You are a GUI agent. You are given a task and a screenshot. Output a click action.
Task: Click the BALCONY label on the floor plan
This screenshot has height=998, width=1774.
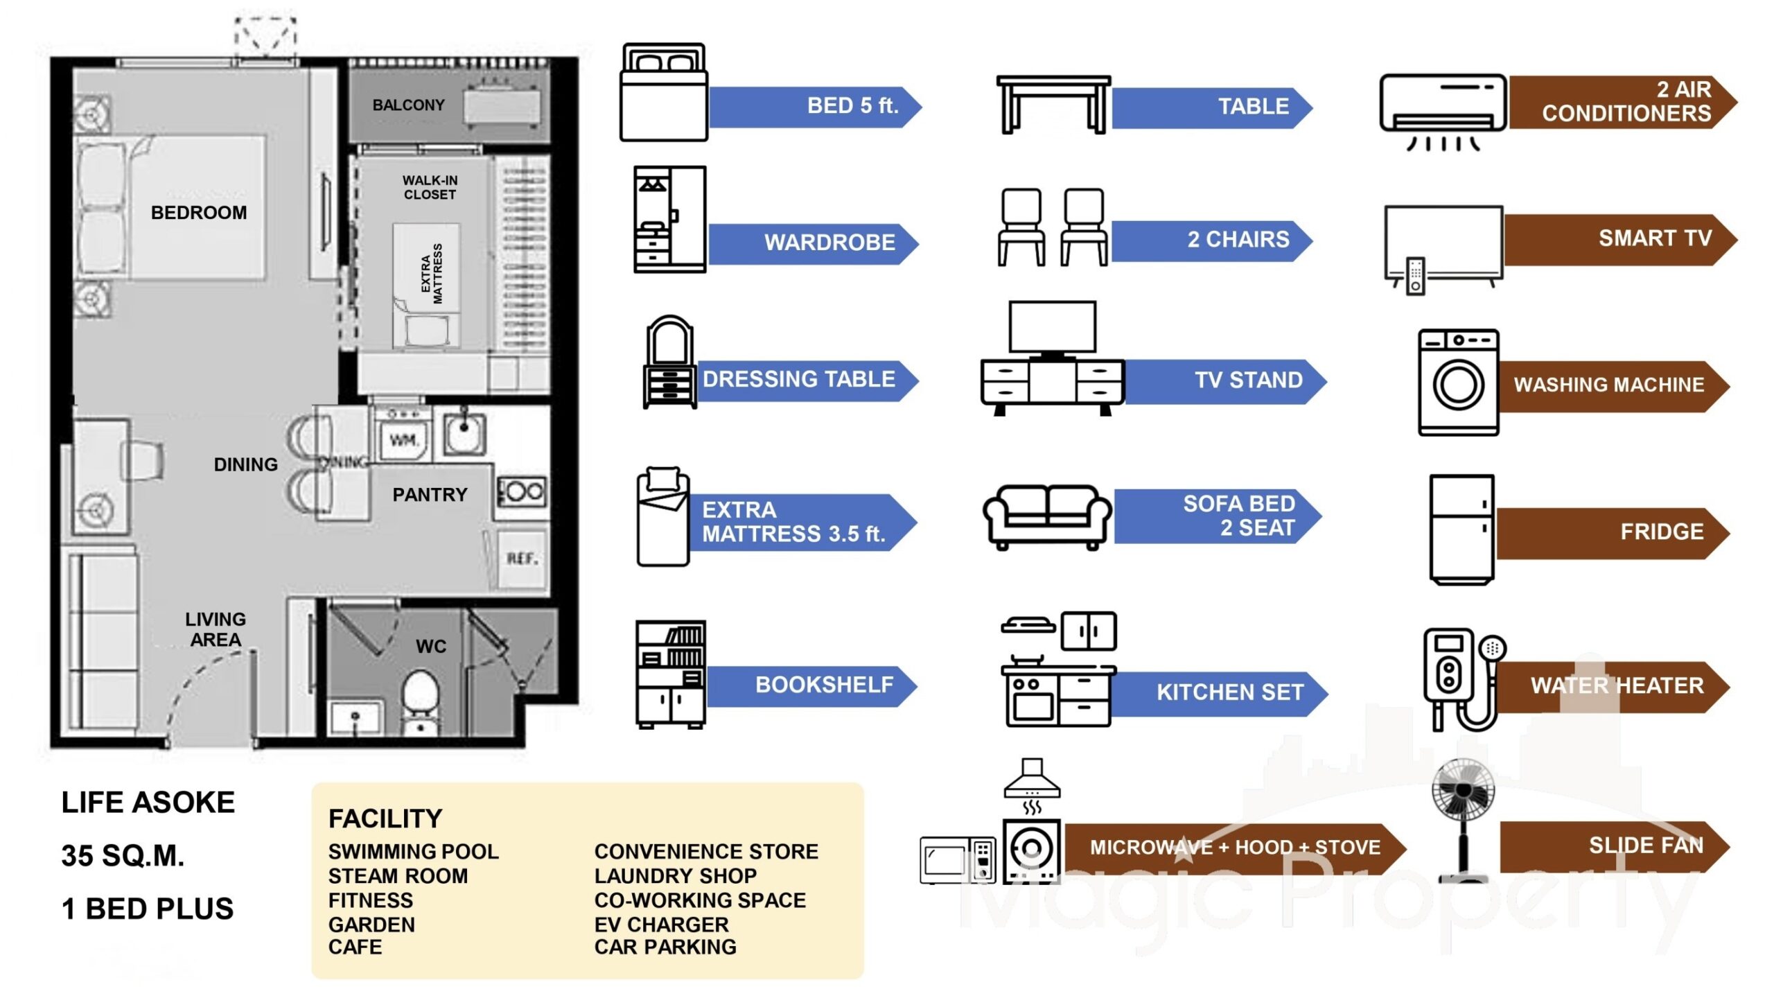coord(408,105)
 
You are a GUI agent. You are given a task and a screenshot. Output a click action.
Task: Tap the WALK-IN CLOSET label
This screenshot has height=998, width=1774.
coord(430,187)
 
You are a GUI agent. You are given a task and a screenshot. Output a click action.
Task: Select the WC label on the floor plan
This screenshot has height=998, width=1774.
coord(430,647)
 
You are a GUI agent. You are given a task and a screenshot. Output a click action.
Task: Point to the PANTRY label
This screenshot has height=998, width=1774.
coord(430,495)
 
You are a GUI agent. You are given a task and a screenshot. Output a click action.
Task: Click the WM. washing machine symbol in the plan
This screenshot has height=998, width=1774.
coord(403,439)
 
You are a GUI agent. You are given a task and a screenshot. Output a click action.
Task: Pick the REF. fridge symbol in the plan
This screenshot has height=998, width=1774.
coord(522,559)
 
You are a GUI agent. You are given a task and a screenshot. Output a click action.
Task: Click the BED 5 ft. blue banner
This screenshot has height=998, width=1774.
coord(814,107)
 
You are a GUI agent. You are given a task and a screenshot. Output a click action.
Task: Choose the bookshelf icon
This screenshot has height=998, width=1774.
coord(670,674)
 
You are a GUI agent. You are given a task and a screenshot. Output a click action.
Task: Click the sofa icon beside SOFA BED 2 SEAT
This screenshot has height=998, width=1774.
coord(1047,516)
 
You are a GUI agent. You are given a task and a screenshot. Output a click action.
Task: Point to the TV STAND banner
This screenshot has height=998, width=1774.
coord(1223,380)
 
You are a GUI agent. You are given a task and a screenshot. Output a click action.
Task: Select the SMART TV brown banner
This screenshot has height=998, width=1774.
coord(1618,239)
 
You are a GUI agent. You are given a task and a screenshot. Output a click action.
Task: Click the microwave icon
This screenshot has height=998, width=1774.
coord(957,860)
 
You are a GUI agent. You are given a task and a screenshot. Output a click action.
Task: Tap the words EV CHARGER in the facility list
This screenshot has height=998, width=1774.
coord(661,925)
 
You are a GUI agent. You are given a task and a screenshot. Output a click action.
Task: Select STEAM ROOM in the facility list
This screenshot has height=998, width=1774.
coord(398,876)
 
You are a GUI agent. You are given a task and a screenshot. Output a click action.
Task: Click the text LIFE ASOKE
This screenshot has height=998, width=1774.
coord(148,803)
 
